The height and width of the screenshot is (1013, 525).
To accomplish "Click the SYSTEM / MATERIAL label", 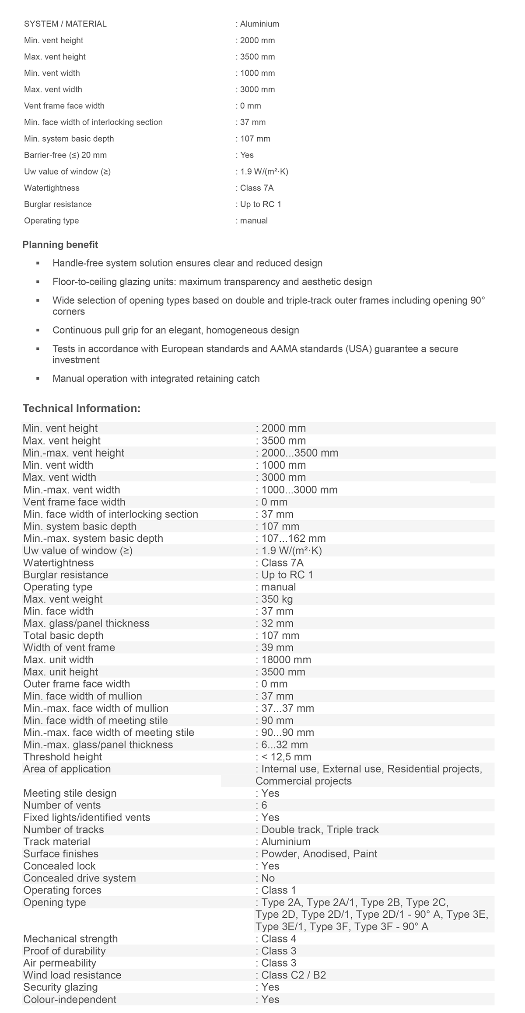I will click(x=65, y=24).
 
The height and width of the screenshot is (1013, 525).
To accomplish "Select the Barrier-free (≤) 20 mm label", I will click(x=65, y=155).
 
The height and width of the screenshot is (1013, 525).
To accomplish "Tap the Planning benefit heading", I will click(x=60, y=245).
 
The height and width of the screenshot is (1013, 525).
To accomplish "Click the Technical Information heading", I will click(x=81, y=408).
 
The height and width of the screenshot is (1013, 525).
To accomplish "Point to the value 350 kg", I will click(x=277, y=599).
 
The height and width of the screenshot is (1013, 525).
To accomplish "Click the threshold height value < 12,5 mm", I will click(x=286, y=757).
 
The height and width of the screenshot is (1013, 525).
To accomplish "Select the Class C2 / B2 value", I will click(x=294, y=975).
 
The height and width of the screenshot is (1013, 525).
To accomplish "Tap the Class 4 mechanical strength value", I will click(x=279, y=939).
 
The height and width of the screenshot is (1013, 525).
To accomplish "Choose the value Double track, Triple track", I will click(x=320, y=829).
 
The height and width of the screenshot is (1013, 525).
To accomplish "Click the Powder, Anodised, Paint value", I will click(x=319, y=854).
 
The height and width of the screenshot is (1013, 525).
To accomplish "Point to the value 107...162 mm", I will click(x=293, y=538).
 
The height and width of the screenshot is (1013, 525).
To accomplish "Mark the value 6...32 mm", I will click(x=284, y=745).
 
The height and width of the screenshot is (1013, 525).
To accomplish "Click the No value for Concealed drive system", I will click(x=268, y=878).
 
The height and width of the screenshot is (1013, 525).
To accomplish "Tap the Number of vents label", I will click(x=62, y=805).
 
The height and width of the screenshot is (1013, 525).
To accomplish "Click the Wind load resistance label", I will click(x=72, y=975).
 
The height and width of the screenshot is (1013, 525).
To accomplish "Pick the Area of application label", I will click(x=67, y=769).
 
